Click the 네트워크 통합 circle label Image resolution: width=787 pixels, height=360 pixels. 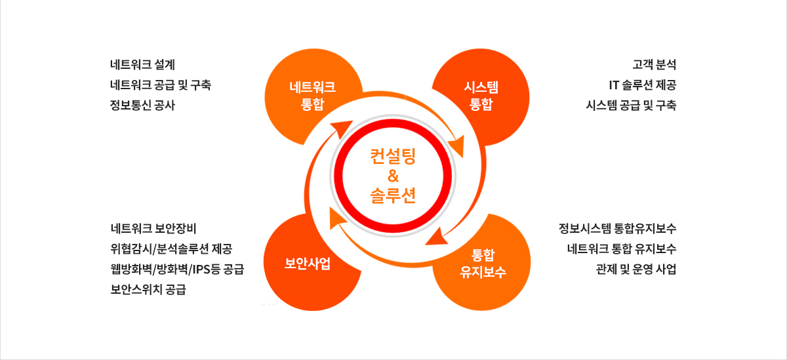pyautogui.click(x=312, y=96)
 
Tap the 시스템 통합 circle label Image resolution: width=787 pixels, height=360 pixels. pyautogui.click(x=481, y=96)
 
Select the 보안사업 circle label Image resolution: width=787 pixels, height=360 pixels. pyautogui.click(x=308, y=264)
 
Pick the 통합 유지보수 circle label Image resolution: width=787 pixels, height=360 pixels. pyautogui.click(x=483, y=264)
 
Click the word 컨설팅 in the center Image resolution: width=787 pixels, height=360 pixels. pyautogui.click(x=393, y=156)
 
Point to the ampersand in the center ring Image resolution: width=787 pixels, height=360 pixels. pyautogui.click(x=393, y=176)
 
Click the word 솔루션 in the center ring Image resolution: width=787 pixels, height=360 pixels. pyautogui.click(x=393, y=195)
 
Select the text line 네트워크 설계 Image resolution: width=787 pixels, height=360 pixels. pyautogui.click(x=143, y=64)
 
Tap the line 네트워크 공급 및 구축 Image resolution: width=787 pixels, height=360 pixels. pyautogui.click(x=161, y=85)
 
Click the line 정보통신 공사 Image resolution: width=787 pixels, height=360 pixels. pyautogui.click(x=143, y=105)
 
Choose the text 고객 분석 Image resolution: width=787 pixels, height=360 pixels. pyautogui.click(x=655, y=64)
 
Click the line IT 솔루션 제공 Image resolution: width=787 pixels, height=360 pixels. pyautogui.click(x=643, y=85)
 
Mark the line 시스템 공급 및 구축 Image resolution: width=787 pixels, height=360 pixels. pyautogui.click(x=631, y=105)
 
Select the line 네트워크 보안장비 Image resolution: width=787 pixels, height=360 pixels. pyautogui.click(x=153, y=228)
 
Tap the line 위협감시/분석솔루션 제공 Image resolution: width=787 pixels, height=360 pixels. pyautogui.click(x=171, y=249)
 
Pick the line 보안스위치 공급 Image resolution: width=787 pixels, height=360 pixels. pyautogui.click(x=148, y=289)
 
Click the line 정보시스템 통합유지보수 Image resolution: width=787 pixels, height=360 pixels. pyautogui.click(x=617, y=228)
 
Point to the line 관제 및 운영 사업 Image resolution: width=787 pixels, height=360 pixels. pyautogui.click(x=636, y=270)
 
